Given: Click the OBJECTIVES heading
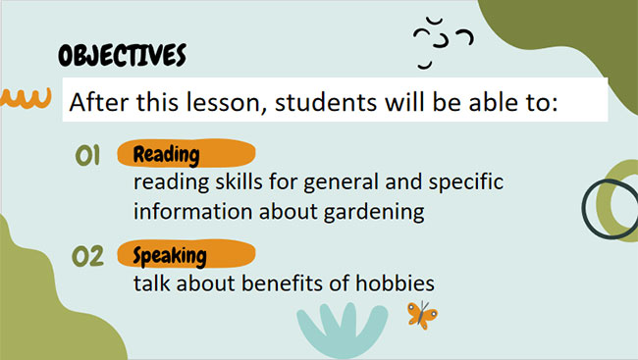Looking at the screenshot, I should click(122, 55).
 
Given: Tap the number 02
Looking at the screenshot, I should click(89, 257).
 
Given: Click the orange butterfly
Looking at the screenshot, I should click(422, 315).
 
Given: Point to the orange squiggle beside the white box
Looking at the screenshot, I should click(25, 97).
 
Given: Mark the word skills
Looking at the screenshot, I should click(227, 183).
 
